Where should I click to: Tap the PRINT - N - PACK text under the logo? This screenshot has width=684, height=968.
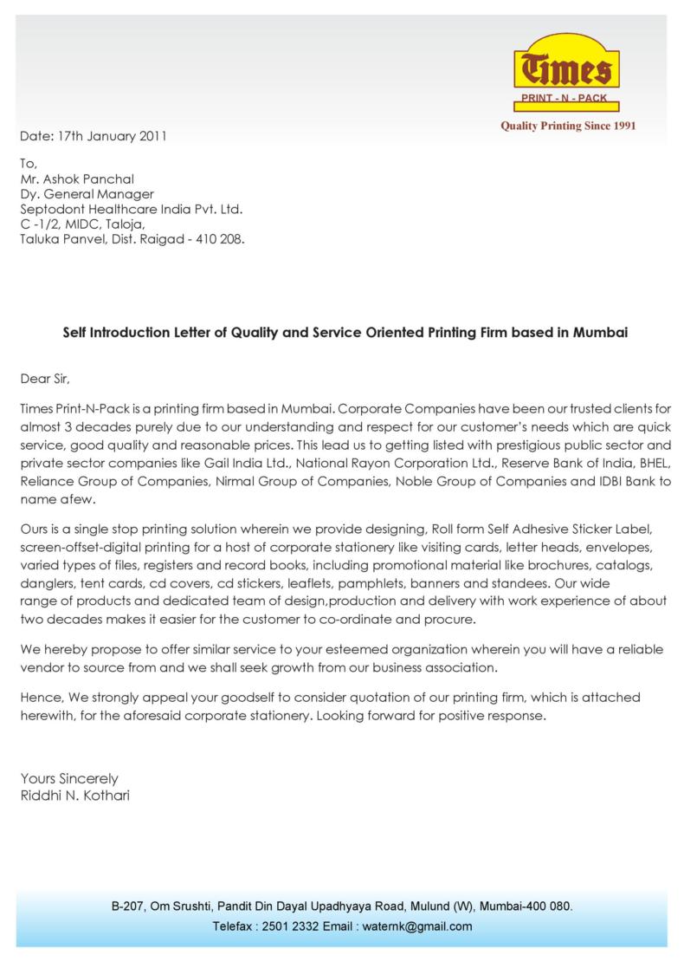564,99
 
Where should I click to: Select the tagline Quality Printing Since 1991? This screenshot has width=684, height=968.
569,126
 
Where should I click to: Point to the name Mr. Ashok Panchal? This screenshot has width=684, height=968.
77,179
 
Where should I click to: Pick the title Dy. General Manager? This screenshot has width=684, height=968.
87,194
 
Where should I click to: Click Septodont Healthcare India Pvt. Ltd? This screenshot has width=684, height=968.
131,209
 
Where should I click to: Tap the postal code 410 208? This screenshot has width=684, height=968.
223,238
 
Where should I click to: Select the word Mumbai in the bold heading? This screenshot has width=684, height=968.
597,332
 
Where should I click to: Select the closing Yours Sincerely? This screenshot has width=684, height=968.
69,778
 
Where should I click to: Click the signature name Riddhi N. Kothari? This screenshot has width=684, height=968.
74,795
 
